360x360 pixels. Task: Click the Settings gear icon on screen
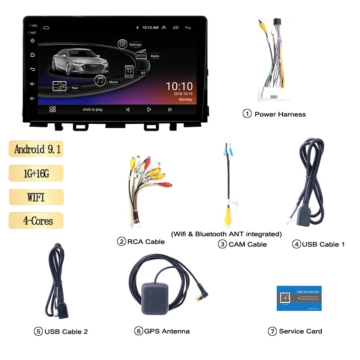[122, 44]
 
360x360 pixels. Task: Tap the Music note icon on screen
[100, 81]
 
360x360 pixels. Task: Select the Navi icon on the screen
[59, 86]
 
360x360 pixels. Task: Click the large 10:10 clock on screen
[179, 86]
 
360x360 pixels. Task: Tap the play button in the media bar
[149, 109]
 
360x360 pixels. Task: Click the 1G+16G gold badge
[36, 173]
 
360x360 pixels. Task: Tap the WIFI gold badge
[36, 197]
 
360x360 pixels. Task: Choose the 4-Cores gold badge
[36, 221]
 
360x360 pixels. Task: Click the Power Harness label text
[280, 114]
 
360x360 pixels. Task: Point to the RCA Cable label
[146, 242]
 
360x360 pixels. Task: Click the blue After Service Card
[299, 297]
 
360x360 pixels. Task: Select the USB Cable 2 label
[66, 332]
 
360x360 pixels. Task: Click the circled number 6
[138, 331]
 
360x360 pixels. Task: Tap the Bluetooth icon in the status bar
[138, 27]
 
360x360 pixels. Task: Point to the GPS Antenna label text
[167, 331]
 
